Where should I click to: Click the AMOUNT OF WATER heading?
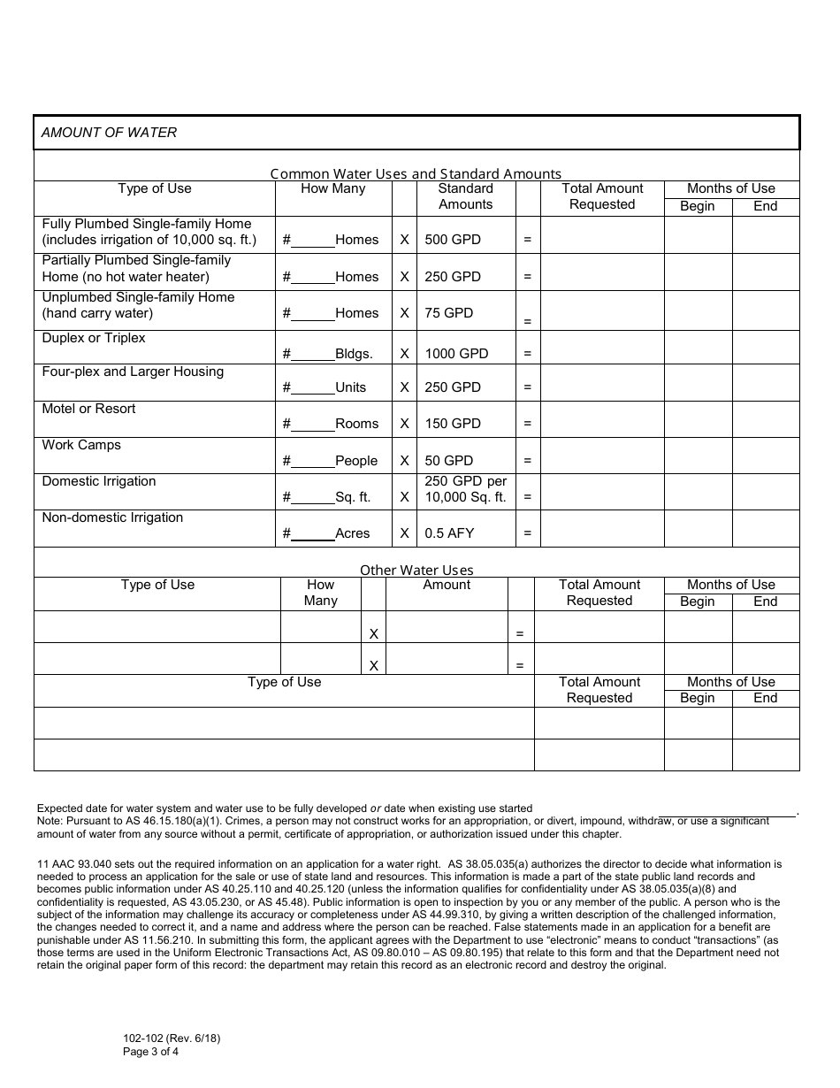109,133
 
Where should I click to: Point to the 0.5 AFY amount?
449,533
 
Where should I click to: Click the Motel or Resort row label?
88,409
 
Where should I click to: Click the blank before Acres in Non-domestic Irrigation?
312,533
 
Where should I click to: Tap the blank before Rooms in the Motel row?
312,424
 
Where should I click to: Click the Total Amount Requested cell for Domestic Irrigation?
601,492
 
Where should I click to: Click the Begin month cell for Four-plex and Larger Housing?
698,383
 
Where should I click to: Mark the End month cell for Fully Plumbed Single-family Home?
766,235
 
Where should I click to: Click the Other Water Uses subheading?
416,571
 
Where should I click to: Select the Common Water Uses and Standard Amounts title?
416,174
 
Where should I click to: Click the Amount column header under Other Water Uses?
447,585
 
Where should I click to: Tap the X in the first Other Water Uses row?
373,634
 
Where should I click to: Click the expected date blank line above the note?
727,811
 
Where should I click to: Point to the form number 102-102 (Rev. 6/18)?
172,1038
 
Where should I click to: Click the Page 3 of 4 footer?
151,1052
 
